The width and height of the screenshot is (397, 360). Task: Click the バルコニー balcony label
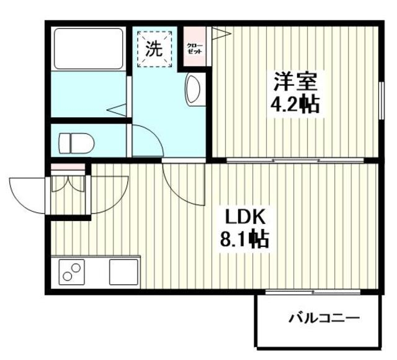(x=324, y=319)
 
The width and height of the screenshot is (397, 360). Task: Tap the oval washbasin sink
(x=192, y=90)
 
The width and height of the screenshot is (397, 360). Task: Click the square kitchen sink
(x=124, y=272)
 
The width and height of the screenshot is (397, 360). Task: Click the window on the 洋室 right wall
(x=380, y=96)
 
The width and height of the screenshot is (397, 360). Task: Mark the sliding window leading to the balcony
(x=313, y=291)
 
